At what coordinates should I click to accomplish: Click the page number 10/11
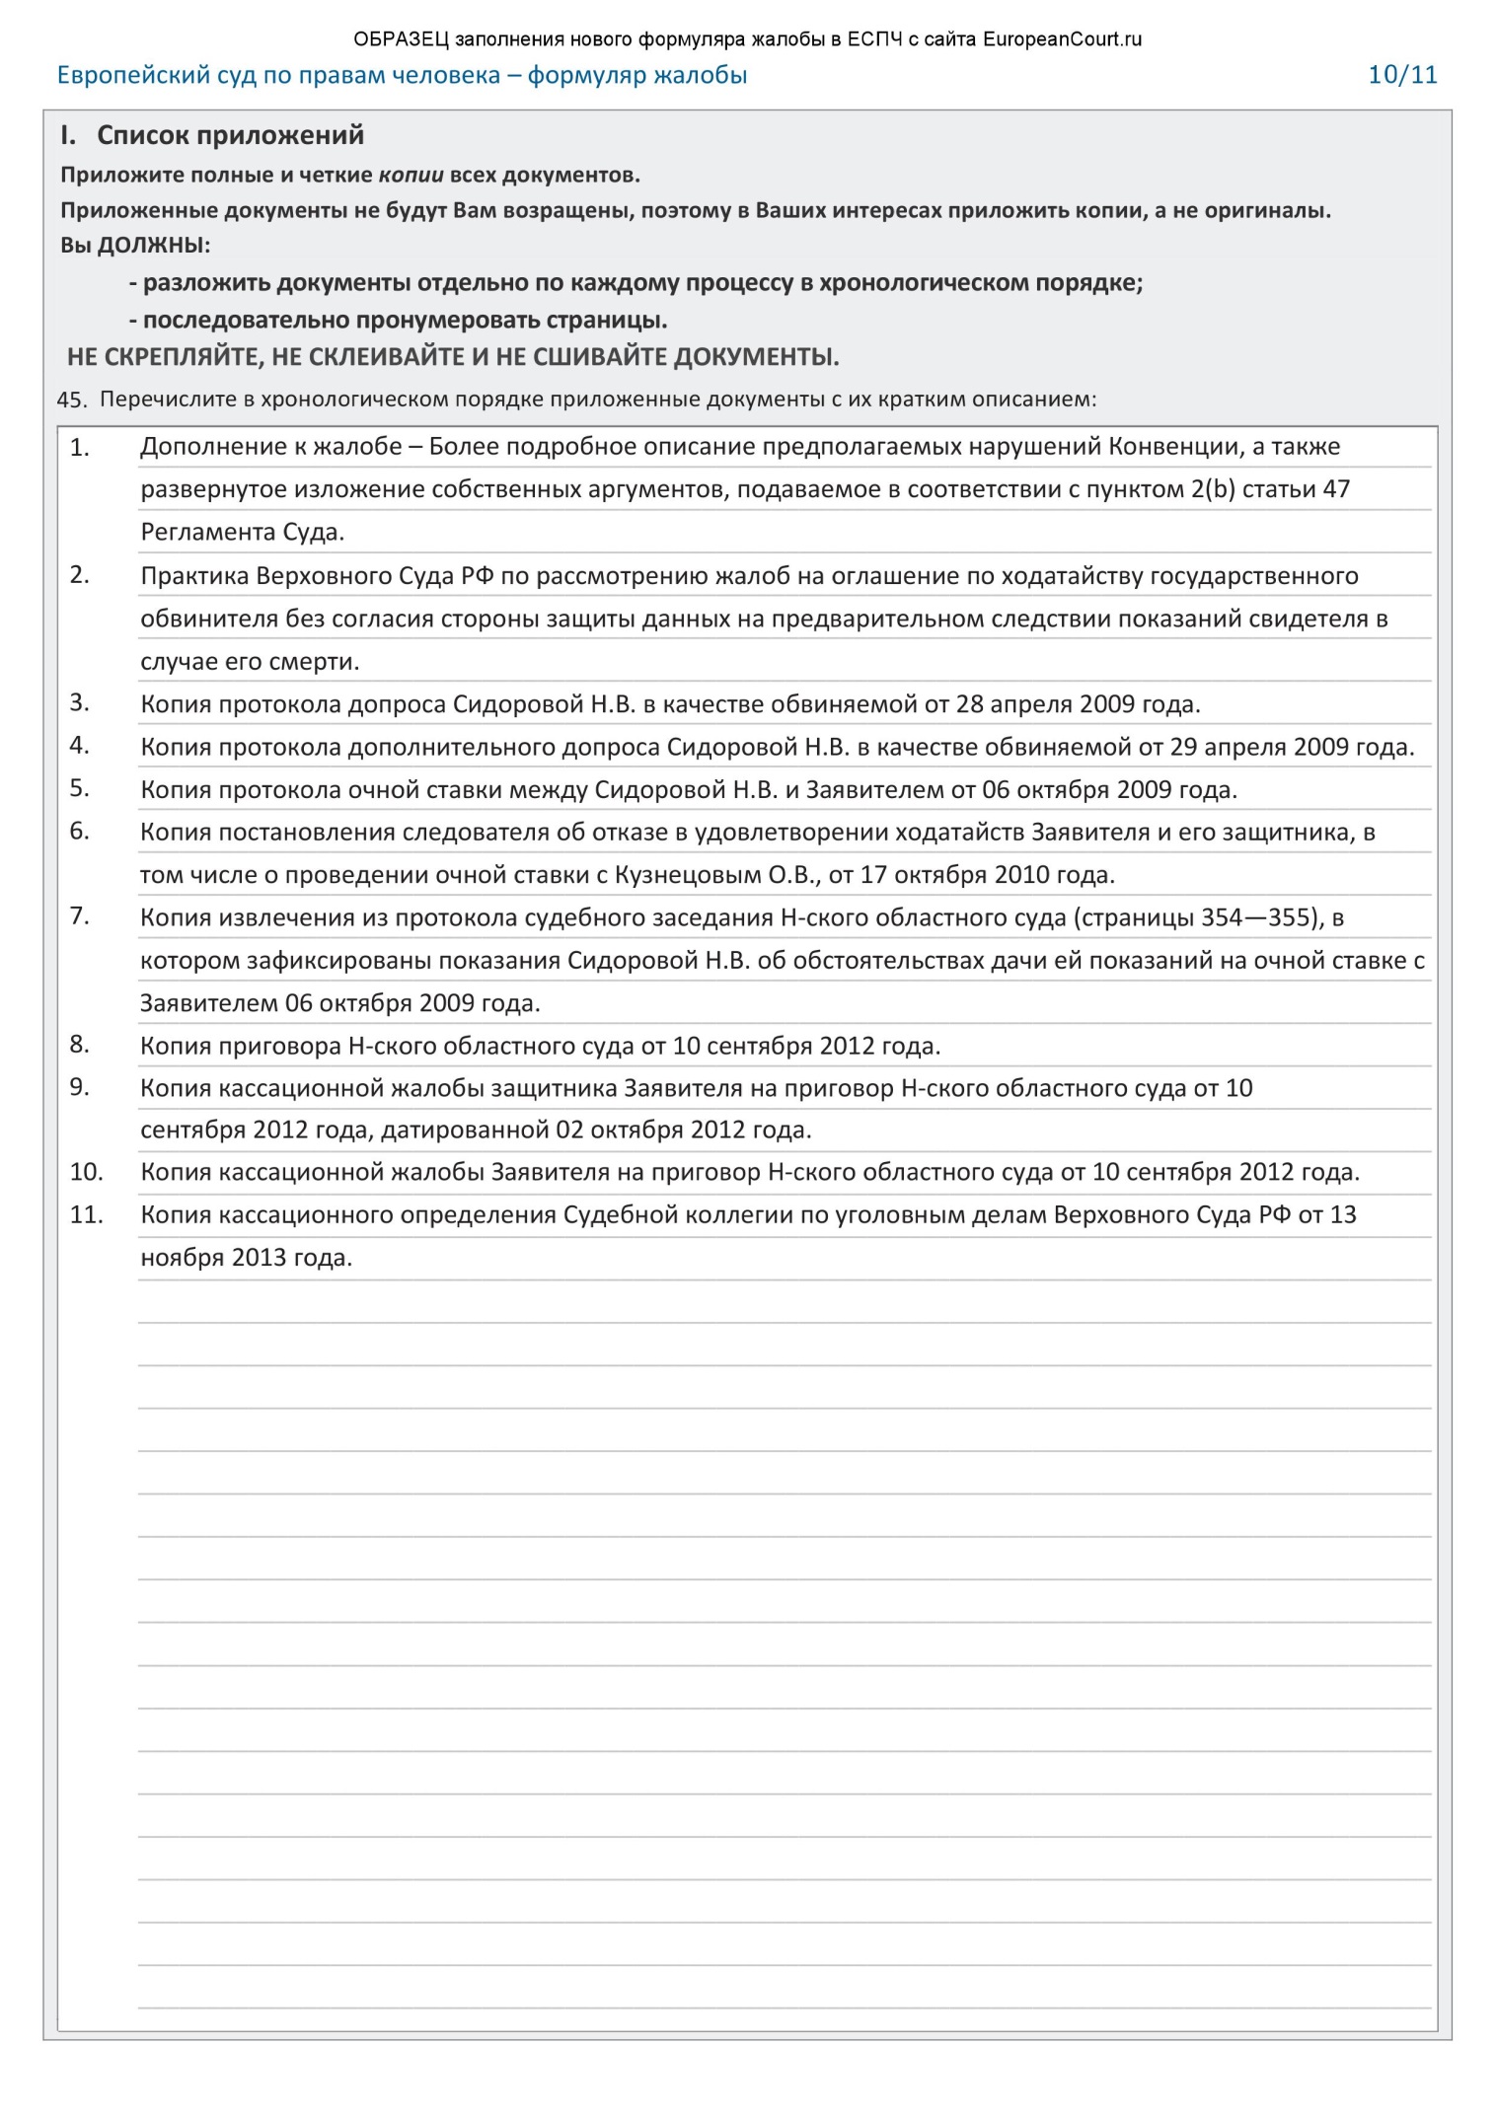click(x=1401, y=75)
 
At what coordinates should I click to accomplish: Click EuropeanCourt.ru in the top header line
click(x=1062, y=39)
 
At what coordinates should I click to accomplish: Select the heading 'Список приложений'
click(x=230, y=135)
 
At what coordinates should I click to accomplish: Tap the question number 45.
click(x=72, y=401)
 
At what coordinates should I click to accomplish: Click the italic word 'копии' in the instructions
click(x=411, y=176)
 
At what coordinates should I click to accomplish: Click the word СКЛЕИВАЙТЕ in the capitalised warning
click(x=388, y=357)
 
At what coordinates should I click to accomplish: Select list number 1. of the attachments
click(x=79, y=448)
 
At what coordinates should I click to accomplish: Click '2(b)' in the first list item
click(x=1213, y=489)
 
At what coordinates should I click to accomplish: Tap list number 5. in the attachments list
click(x=79, y=788)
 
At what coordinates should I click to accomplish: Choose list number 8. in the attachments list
click(x=79, y=1044)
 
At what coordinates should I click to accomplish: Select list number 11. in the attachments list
click(x=86, y=1214)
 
